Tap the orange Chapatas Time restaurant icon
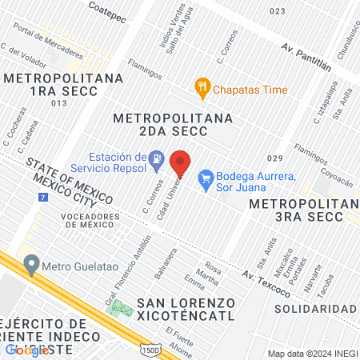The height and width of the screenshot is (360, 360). (202, 90)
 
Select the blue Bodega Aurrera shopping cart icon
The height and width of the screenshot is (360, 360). (206, 176)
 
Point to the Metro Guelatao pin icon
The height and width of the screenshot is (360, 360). (31, 263)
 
